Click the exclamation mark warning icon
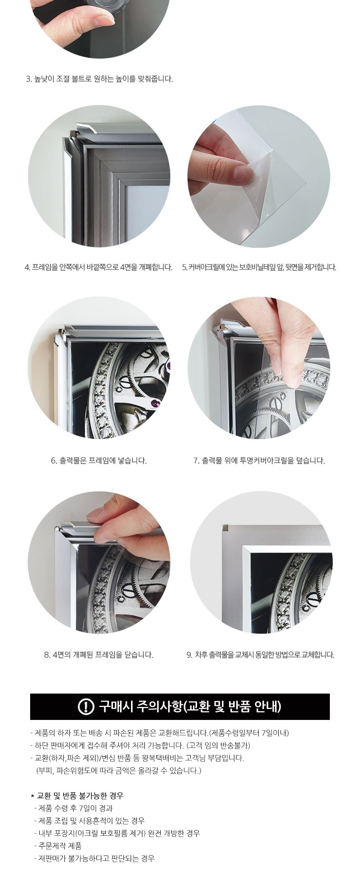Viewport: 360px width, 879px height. point(86,707)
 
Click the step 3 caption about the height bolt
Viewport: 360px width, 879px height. point(99,79)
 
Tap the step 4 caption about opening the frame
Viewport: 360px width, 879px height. point(98,267)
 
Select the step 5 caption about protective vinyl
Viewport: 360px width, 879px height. point(259,267)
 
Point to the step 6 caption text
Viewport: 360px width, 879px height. point(99,460)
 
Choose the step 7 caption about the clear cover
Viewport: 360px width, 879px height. point(259,460)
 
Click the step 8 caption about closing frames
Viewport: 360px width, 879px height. point(99,655)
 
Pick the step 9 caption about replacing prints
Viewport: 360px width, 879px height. point(260,655)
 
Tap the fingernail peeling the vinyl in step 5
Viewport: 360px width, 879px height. point(242,171)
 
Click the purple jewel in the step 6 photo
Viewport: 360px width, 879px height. point(156,403)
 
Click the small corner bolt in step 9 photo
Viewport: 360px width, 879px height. point(225,527)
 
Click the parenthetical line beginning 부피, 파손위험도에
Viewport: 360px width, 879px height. point(119,770)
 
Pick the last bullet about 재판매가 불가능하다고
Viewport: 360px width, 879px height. point(94,858)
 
